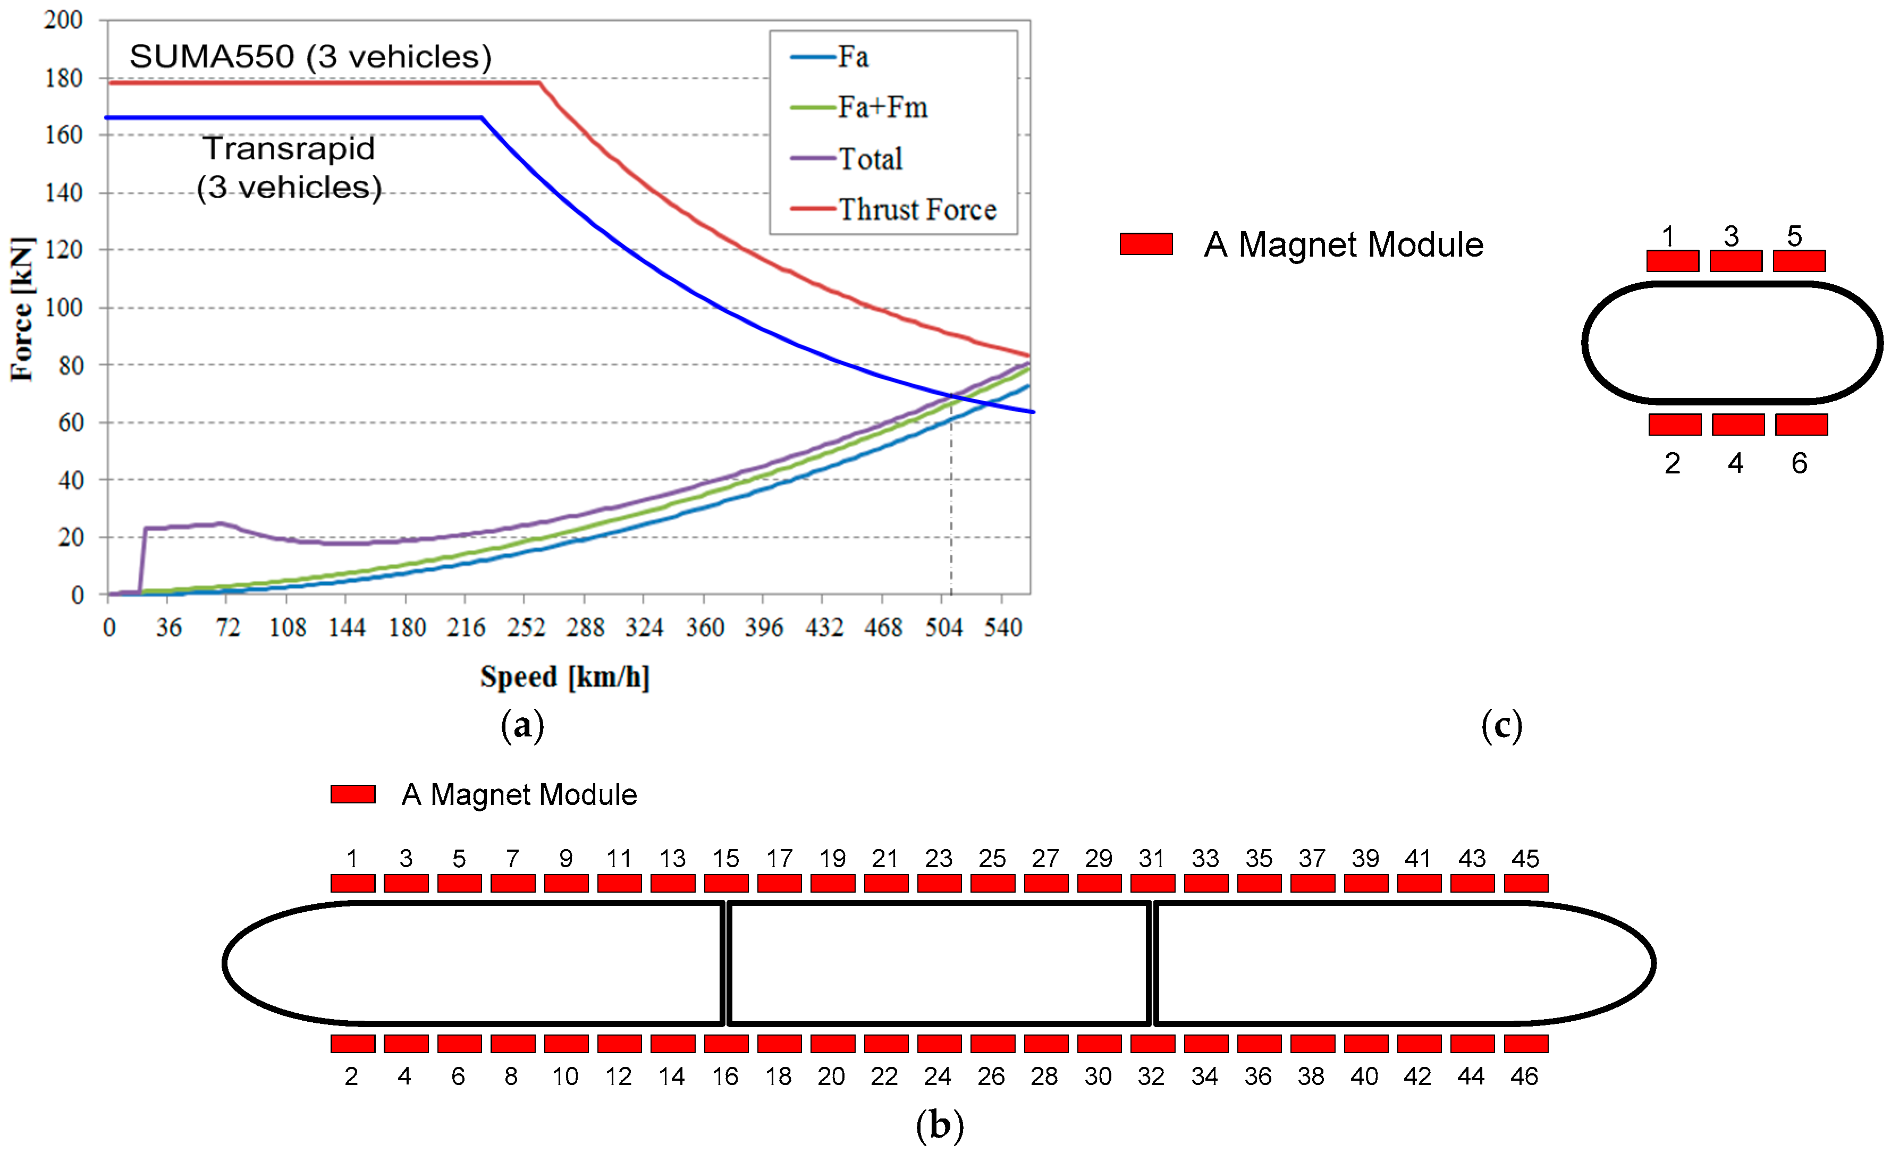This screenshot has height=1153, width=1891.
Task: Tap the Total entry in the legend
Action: point(869,159)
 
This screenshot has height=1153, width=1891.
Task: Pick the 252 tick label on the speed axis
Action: point(526,628)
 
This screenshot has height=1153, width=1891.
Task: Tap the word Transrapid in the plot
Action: point(289,148)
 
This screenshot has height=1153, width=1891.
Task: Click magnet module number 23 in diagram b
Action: point(939,883)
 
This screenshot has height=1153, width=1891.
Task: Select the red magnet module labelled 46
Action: point(1526,1044)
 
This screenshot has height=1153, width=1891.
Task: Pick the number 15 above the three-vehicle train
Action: point(725,859)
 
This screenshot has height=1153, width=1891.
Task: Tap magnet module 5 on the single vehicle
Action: point(1799,261)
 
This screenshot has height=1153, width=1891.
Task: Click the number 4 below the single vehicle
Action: point(1735,463)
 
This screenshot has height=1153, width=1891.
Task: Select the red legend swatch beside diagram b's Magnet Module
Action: point(353,794)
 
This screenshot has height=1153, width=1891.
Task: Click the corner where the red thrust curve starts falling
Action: point(541,82)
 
